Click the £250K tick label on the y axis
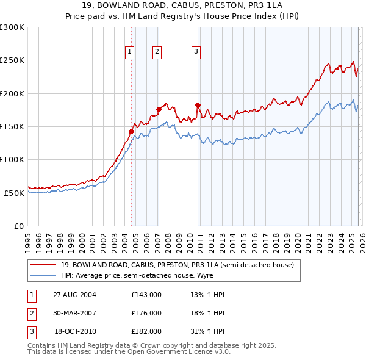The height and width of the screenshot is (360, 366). tap(12, 60)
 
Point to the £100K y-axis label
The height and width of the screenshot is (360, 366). tap(12, 159)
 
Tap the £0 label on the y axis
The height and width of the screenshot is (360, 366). tap(19, 226)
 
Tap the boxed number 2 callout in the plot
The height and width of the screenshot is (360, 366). tap(157, 52)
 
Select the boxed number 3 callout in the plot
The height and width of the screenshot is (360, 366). tap(196, 52)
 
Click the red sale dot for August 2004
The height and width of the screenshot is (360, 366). tap(131, 131)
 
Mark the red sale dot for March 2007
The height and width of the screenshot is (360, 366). tap(159, 109)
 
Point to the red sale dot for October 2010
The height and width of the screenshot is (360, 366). tap(198, 105)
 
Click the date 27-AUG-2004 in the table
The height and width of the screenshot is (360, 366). tap(74, 295)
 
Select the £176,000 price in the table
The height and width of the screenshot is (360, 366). tap(146, 313)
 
